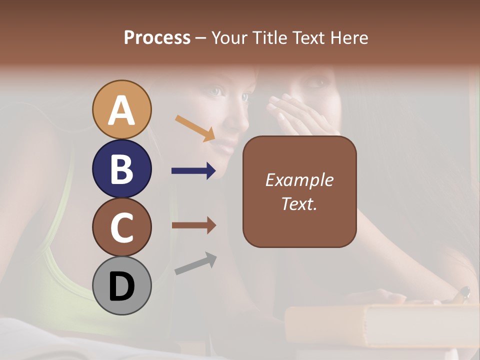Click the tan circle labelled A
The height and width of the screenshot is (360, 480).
121,109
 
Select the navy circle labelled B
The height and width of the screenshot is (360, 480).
121,168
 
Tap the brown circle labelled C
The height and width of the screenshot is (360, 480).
121,227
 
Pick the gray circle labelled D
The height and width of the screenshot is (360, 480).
121,285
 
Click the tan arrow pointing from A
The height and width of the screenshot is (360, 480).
195,128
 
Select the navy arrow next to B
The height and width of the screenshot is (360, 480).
193,171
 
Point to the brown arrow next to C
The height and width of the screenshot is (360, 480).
193,225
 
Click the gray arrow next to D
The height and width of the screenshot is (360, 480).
195,263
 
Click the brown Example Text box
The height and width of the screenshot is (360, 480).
299,220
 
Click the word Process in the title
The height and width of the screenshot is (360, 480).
157,37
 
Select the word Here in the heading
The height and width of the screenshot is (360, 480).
349,37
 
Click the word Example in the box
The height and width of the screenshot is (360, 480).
299,180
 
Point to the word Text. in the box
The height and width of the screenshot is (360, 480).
299,203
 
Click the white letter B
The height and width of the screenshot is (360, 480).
121,169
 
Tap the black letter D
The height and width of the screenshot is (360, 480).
121,286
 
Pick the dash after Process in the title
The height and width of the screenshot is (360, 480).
200,38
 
